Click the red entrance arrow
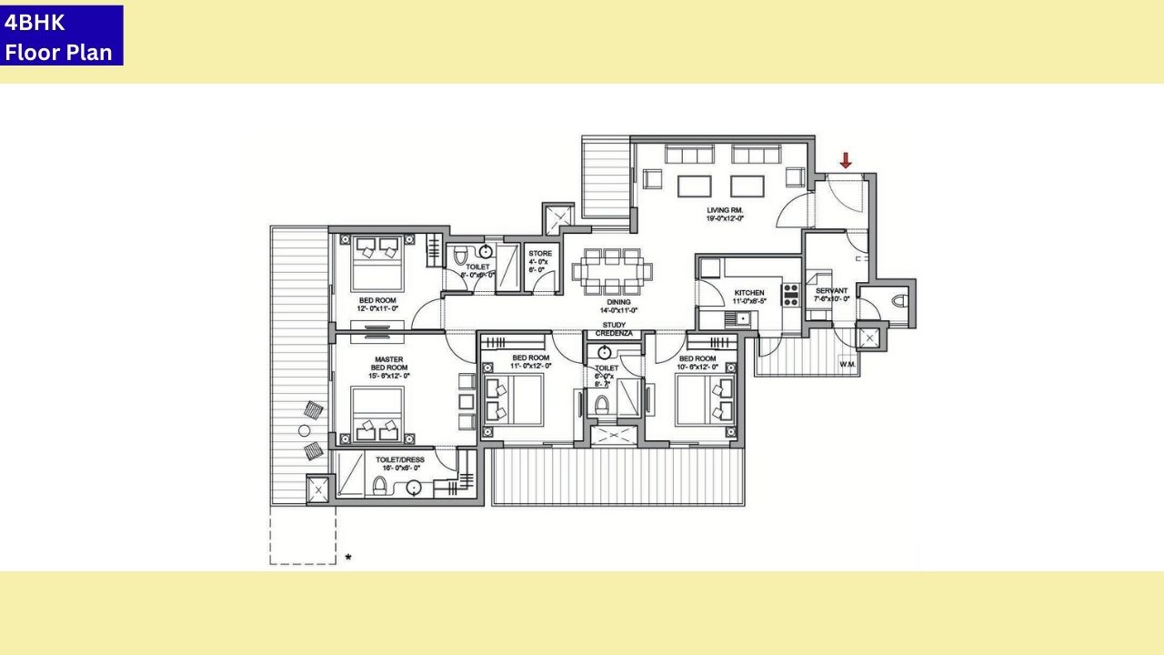tap(846, 161)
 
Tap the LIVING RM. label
tap(726, 210)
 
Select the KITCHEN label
tap(749, 293)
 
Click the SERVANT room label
tap(831, 291)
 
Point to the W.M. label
tap(848, 365)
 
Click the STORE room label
tap(540, 254)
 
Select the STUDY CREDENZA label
tap(614, 329)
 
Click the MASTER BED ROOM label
tap(388, 364)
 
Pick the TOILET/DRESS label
tap(400, 460)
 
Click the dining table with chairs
tap(612, 270)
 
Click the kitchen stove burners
tap(790, 294)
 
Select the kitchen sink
tap(742, 318)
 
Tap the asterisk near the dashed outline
tap(347, 557)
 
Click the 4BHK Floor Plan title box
tap(61, 35)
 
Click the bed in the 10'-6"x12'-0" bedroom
tap(705, 401)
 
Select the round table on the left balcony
tap(305, 429)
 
